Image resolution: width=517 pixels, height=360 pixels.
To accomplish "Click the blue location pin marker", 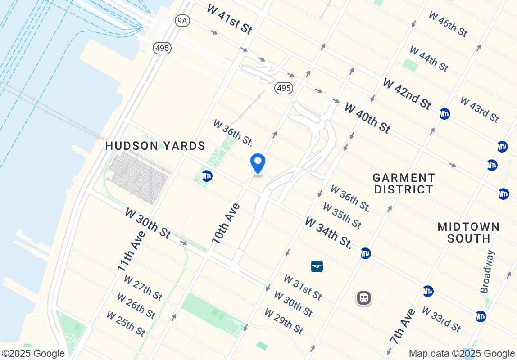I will (x=258, y=163).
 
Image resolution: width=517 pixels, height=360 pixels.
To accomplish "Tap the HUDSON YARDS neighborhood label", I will (x=155, y=146).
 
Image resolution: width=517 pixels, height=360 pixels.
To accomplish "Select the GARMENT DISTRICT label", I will (x=404, y=184).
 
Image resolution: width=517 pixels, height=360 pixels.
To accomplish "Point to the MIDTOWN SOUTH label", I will (x=468, y=232).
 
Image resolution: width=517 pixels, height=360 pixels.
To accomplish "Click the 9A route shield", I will (x=182, y=21).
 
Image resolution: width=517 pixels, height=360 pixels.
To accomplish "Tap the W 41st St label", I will (x=230, y=19).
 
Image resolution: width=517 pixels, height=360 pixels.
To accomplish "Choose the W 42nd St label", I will (x=407, y=94).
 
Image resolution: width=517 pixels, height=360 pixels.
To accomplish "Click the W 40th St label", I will (x=367, y=117).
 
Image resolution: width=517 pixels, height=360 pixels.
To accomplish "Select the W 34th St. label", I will (x=328, y=233).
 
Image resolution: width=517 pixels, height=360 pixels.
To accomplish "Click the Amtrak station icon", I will (x=317, y=266).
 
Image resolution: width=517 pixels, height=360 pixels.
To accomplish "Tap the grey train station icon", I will (x=364, y=298).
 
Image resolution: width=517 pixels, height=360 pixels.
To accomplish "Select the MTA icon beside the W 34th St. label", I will (x=365, y=253).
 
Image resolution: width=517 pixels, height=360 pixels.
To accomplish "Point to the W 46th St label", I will (x=448, y=24).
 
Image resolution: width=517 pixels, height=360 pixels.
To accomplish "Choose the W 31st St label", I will (x=303, y=287).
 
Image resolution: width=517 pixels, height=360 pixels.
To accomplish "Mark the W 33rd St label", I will (x=441, y=319).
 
